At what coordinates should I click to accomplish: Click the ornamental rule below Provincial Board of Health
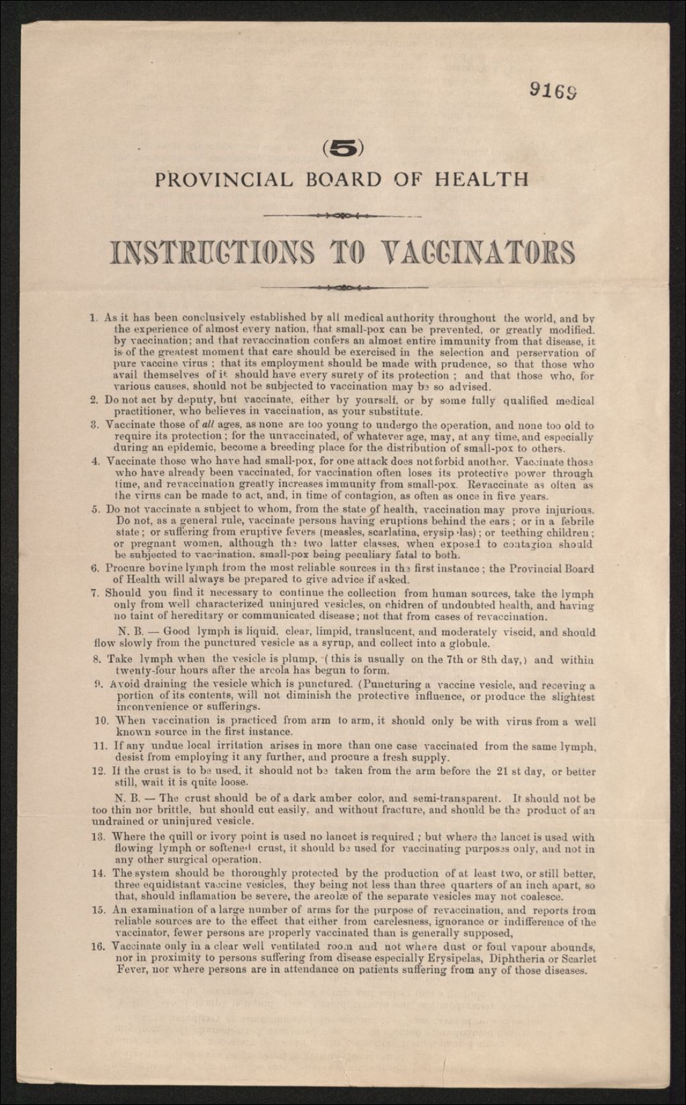[342, 216]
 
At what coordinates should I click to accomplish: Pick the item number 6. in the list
[95, 569]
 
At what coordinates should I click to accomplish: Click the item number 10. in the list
[101, 722]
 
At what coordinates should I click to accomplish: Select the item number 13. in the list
[100, 837]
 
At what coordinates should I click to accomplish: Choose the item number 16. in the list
[101, 947]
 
